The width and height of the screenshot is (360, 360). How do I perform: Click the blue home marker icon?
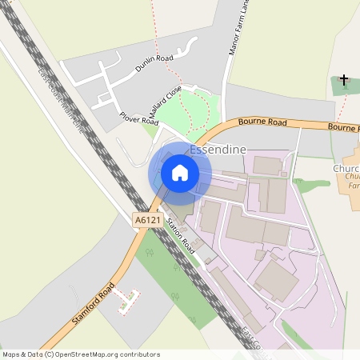tap(180, 172)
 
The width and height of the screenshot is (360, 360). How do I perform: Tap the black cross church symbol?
tap(344, 80)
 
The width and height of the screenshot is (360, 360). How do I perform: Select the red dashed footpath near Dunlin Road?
tap(157, 32)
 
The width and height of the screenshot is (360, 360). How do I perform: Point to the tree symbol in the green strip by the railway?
tap(174, 296)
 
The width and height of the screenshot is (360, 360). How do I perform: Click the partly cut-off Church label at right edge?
tap(346, 170)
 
